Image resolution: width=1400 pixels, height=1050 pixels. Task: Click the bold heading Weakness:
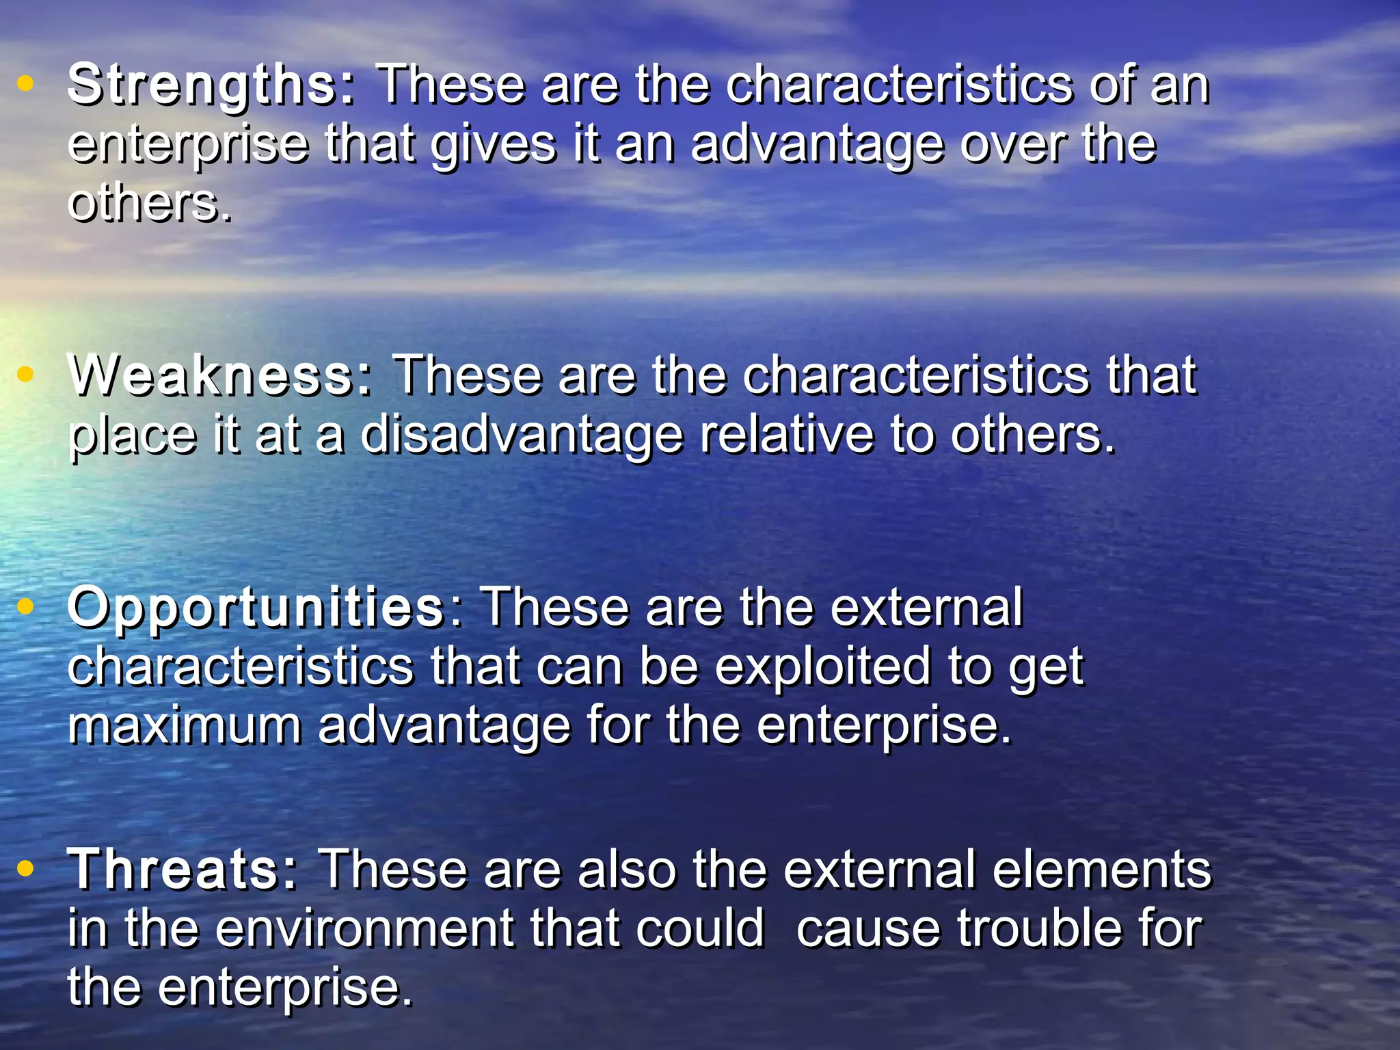(x=220, y=376)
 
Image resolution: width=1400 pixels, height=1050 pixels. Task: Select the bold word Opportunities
(x=256, y=608)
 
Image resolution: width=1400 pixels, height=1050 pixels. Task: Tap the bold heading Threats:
(x=183, y=870)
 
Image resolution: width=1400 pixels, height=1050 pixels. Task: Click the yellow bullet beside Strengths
(x=25, y=83)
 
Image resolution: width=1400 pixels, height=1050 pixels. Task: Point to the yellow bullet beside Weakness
(x=25, y=374)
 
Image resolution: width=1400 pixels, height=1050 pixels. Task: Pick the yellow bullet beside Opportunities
(x=25, y=606)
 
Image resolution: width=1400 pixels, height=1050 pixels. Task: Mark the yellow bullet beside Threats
(x=25, y=868)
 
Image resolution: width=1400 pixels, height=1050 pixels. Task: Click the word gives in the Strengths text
(x=494, y=146)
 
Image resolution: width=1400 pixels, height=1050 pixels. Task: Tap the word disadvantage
(x=522, y=435)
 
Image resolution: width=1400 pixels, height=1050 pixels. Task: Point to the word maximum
(x=185, y=726)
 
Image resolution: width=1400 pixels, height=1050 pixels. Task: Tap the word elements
(x=1101, y=870)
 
